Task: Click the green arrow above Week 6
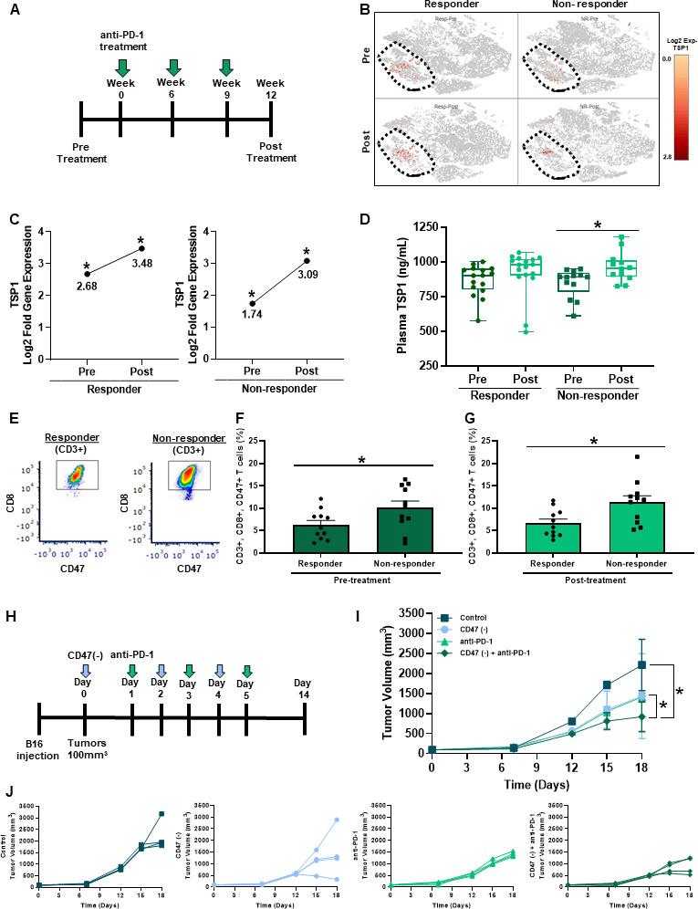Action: pyautogui.click(x=172, y=68)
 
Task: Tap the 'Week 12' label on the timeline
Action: pyautogui.click(x=270, y=91)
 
